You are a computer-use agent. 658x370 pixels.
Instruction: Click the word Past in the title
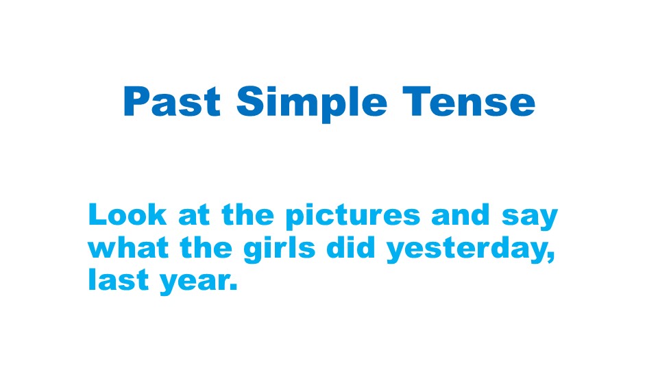tap(172, 101)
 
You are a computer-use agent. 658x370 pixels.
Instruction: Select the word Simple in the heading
tap(311, 104)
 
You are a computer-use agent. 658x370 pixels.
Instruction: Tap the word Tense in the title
tap(469, 101)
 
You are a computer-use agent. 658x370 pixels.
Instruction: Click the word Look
tap(127, 214)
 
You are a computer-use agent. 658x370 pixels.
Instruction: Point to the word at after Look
tap(194, 216)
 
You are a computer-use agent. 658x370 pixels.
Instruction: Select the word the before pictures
tap(247, 214)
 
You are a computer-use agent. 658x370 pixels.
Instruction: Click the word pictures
tap(352, 217)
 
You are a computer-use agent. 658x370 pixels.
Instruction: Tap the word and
tap(461, 214)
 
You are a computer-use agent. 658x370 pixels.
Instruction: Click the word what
tap(128, 247)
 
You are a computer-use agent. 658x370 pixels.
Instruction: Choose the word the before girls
tap(206, 247)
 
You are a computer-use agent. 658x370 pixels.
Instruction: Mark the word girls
tap(279, 249)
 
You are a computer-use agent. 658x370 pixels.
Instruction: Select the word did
tap(350, 247)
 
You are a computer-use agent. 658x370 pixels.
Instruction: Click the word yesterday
tap(467, 250)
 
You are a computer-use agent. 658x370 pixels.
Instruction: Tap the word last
tap(117, 280)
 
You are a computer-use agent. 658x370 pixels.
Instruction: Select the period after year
tap(233, 287)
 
